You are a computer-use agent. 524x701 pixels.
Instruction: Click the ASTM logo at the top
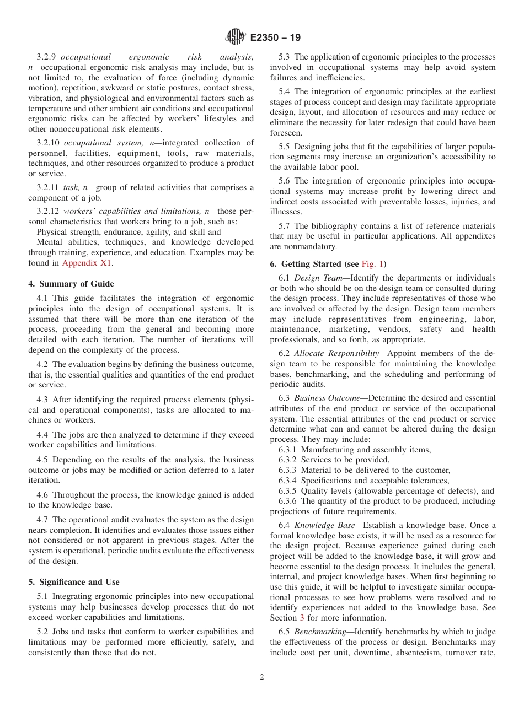[x=236, y=37]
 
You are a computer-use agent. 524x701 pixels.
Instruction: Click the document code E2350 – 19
[x=275, y=38]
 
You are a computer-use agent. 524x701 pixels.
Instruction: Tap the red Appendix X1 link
[x=87, y=263]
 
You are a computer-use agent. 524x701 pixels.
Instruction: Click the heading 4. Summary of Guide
[x=71, y=284]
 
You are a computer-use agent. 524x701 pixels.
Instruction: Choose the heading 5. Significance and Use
[x=74, y=582]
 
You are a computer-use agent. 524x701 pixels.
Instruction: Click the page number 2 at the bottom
[x=262, y=677]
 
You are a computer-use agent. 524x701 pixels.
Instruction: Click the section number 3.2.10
[x=48, y=143]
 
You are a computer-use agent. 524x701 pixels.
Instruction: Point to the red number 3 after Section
[x=302, y=618]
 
